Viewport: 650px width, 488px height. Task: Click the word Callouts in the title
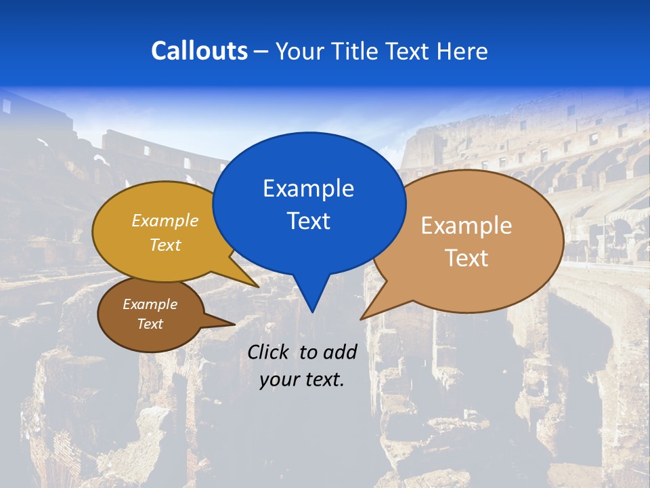(199, 51)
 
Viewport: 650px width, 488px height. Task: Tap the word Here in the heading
(462, 51)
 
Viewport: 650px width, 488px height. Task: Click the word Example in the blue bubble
(308, 188)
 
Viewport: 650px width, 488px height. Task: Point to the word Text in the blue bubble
(308, 221)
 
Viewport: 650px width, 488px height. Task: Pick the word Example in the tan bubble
(467, 226)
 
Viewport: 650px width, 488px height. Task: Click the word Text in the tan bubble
(467, 258)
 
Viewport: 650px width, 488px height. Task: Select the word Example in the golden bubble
(165, 221)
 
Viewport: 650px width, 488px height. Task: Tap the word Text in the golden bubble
(165, 245)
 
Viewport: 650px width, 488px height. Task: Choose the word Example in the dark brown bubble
(150, 304)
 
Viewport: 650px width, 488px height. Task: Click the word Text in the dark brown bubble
(150, 324)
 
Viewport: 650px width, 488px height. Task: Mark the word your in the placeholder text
(278, 380)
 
